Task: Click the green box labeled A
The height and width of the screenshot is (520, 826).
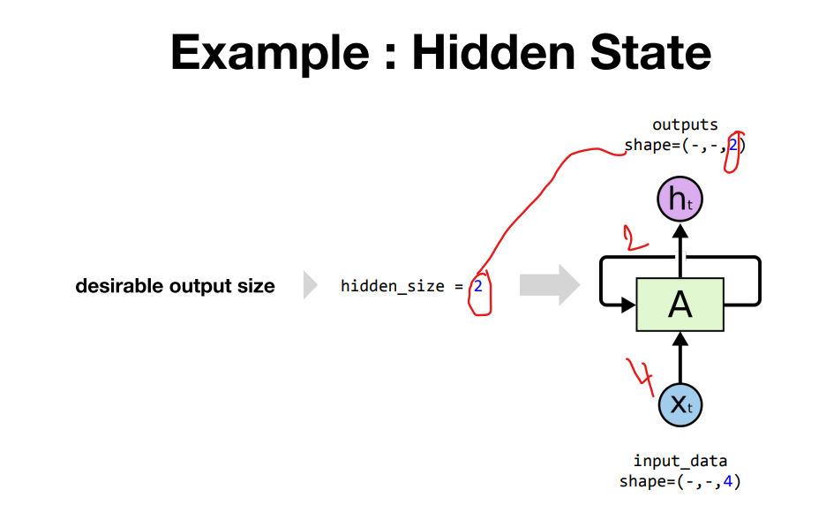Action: point(680,305)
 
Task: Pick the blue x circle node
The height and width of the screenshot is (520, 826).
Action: point(680,405)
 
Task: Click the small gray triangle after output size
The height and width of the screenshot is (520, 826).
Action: point(310,286)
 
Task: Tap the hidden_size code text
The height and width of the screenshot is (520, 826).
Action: point(392,286)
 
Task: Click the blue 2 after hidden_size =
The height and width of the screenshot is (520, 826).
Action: point(477,286)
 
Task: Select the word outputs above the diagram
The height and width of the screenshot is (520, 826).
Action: point(685,125)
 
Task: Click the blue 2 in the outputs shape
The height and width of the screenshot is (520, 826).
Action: point(732,145)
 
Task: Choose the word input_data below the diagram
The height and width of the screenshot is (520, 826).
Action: point(680,461)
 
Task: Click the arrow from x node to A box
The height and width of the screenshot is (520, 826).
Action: point(680,358)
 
